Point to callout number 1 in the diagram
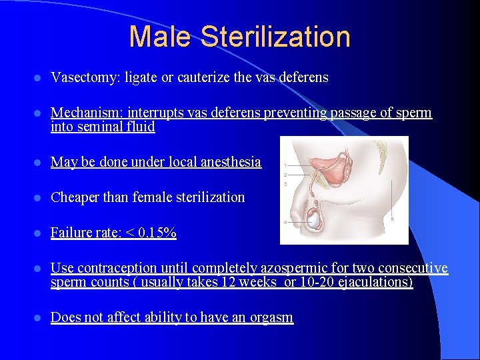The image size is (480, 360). click(285, 165)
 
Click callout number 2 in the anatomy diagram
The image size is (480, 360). click(285, 174)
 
